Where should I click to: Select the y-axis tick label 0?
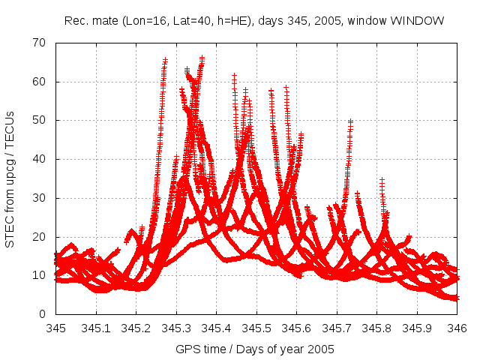click(44, 314)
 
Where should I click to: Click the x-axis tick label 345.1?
click(96, 328)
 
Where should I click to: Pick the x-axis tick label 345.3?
click(176, 328)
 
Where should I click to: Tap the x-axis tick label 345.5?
click(256, 328)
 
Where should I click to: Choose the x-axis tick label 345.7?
click(337, 328)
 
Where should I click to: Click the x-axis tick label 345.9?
click(417, 328)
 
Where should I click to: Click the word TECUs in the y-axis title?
click(10, 122)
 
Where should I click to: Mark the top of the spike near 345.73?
click(350, 121)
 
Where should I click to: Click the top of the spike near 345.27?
click(165, 59)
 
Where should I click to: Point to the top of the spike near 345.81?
click(382, 180)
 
